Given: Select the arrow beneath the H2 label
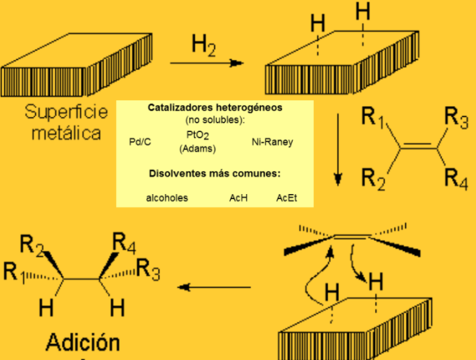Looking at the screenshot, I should [206, 63].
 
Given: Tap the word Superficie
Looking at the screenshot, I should [66, 112].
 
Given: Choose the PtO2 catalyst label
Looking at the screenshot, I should [197, 136].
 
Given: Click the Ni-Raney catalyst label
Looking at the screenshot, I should [272, 142].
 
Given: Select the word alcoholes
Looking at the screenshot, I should [167, 197].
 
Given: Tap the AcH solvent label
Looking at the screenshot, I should [239, 197].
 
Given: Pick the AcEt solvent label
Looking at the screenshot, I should [287, 197].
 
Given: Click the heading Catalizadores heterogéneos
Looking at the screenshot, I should [215, 108].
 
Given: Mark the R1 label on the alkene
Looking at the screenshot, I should [372, 117].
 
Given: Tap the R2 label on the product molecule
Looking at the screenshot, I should [32, 245].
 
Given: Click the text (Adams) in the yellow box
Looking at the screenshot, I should [197, 149].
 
